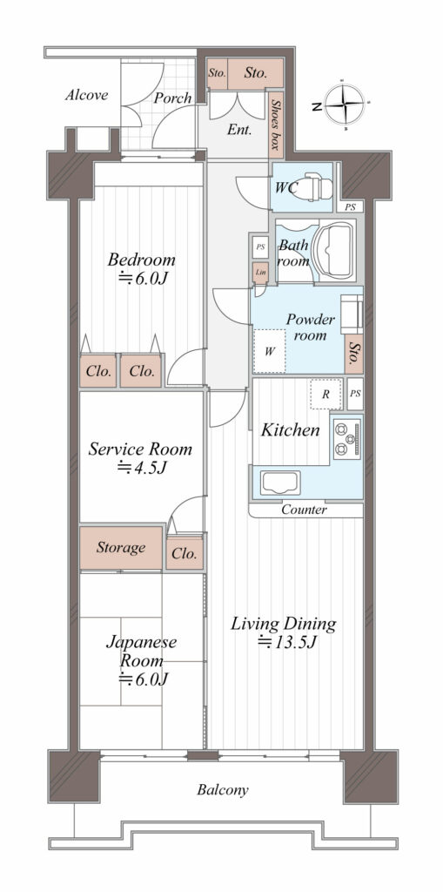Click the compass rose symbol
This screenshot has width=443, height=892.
point(346,105)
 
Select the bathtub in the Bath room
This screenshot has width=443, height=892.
point(336,249)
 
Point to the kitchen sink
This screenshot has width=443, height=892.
point(281,483)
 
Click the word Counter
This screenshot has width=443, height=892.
point(305,510)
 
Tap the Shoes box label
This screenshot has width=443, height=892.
point(276,125)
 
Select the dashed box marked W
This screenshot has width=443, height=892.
point(270,351)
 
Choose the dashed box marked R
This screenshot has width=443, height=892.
point(326,394)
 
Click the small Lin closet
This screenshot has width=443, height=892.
point(260,273)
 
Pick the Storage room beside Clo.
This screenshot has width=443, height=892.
point(121,548)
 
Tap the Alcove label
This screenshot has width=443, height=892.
point(86,94)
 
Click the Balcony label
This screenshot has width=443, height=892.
point(223,790)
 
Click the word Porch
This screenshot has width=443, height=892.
point(173,98)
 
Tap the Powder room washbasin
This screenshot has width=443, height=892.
point(352,314)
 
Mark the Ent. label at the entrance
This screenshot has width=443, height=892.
point(240,131)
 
